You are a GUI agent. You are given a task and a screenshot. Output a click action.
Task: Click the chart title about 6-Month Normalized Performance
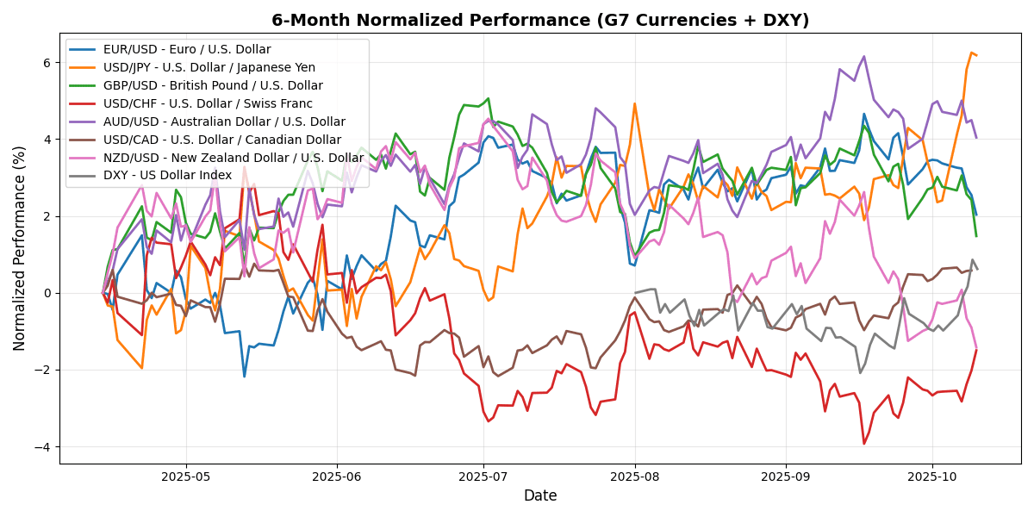(540, 20)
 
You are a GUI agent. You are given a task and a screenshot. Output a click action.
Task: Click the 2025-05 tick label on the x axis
(186, 476)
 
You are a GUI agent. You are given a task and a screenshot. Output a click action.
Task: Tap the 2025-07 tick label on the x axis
(483, 476)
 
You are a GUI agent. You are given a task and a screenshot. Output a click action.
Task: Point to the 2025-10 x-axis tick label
(932, 476)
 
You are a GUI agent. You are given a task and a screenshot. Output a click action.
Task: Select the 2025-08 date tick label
(635, 476)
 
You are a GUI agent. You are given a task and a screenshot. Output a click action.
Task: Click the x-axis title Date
(540, 496)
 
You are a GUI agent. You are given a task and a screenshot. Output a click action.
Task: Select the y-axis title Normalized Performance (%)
(19, 248)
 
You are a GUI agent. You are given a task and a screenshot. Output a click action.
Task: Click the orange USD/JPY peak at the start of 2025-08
(634, 103)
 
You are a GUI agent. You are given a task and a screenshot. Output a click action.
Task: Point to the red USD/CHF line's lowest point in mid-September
(864, 444)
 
